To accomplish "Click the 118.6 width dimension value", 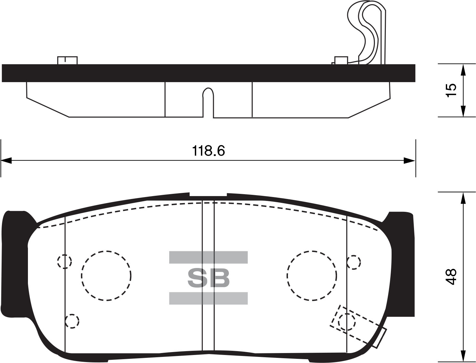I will pyautogui.click(x=208, y=151).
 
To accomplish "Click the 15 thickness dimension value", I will pyautogui.click(x=451, y=91).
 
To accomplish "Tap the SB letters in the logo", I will pyautogui.click(x=208, y=278).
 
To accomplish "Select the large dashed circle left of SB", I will pyautogui.click(x=106, y=275).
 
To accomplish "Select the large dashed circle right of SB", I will pyautogui.click(x=312, y=275).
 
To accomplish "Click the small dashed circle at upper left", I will pyautogui.click(x=64, y=261).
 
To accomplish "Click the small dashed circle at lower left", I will pyautogui.click(x=72, y=321).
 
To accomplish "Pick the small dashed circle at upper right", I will pyautogui.click(x=354, y=262).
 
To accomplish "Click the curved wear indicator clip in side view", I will pyautogui.click(x=369, y=32).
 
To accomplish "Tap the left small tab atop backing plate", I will pyautogui.click(x=67, y=60).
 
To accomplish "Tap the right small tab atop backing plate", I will pyautogui.click(x=341, y=60).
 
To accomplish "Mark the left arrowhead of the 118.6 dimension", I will pyautogui.click(x=6, y=160).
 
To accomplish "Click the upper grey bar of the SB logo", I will pyautogui.click(x=208, y=257).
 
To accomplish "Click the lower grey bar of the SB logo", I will pyautogui.click(x=208, y=298).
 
